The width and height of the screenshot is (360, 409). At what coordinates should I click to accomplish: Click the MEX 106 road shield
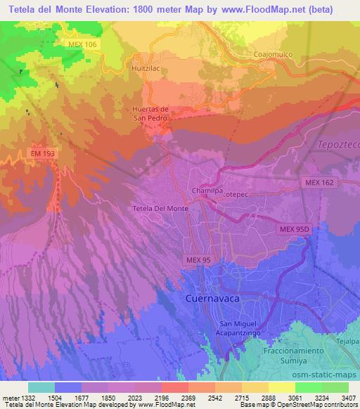(84, 44)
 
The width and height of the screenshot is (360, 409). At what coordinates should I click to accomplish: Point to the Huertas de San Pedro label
(150, 113)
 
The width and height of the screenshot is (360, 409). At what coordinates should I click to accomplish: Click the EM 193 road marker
(42, 152)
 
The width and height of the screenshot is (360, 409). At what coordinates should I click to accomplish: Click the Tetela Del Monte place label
(160, 209)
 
